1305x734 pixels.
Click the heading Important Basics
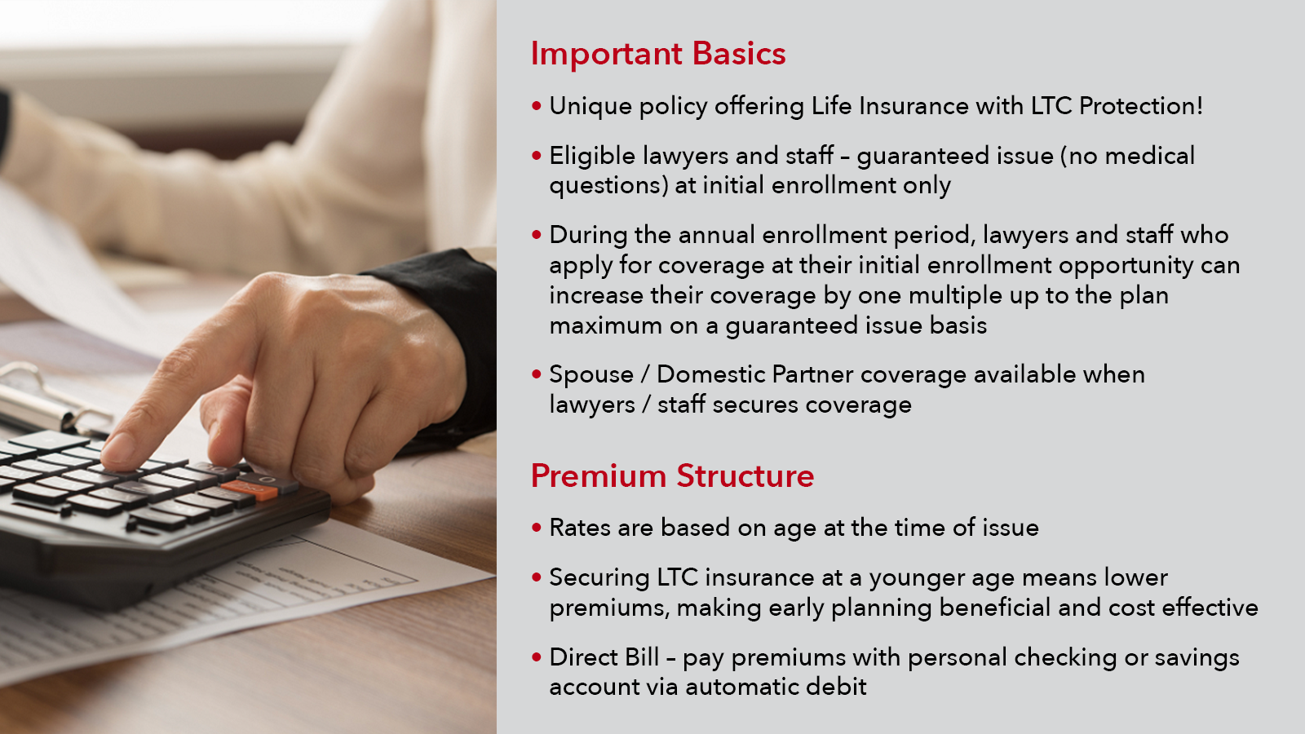pyautogui.click(x=657, y=54)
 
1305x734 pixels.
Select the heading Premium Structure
pyautogui.click(x=672, y=476)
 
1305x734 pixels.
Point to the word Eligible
pyautogui.click(x=592, y=156)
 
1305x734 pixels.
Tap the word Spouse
pyautogui.click(x=591, y=375)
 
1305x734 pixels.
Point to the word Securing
pyautogui.click(x=599, y=578)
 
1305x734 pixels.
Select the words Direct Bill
pyautogui.click(x=604, y=657)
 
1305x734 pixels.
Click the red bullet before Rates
pyautogui.click(x=537, y=528)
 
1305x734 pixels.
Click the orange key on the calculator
pyautogui.click(x=250, y=490)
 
